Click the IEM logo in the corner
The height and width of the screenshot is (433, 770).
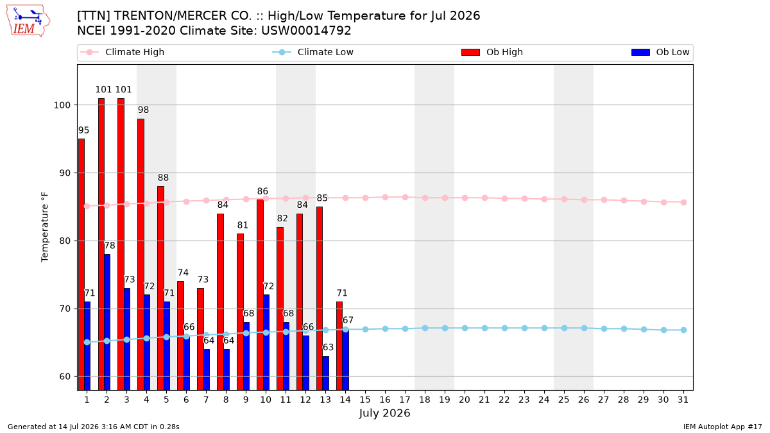click(28, 21)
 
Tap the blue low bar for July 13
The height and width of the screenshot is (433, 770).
click(326, 373)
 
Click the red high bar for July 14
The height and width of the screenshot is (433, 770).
click(339, 346)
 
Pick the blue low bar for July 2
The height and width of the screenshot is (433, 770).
click(107, 322)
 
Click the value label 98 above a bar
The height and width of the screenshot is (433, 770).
click(143, 110)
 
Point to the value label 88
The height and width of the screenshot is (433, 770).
click(163, 178)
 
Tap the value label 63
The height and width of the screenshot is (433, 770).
click(329, 348)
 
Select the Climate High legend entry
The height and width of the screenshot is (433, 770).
click(122, 52)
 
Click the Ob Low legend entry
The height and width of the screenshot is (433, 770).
click(660, 52)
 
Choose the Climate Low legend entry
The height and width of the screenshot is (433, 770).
click(313, 52)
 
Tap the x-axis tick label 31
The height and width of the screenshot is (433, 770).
click(683, 400)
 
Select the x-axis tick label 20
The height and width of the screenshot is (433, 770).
click(465, 400)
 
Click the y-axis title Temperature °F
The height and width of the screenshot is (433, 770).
click(45, 227)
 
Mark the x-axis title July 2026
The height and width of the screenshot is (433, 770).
click(384, 413)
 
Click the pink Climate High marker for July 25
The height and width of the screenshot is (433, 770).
click(564, 200)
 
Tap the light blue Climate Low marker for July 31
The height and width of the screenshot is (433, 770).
click(684, 330)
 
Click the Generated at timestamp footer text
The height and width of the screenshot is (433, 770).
click(94, 427)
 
